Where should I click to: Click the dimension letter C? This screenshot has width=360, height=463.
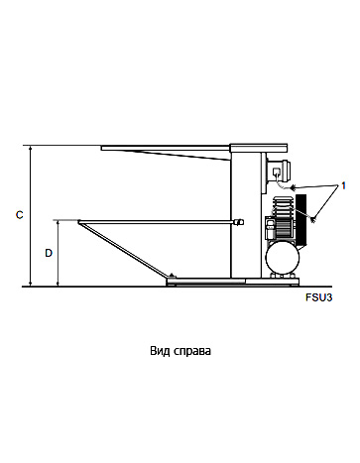click(20, 214)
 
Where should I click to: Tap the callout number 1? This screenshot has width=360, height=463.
click(343, 185)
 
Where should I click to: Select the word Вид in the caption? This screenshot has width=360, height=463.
click(160, 350)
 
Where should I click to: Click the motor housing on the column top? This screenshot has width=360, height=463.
click(277, 167)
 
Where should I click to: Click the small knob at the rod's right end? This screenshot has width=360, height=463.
click(238, 221)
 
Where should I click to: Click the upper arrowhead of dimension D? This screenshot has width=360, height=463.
click(60, 223)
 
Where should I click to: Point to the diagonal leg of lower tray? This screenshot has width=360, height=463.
click(124, 251)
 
